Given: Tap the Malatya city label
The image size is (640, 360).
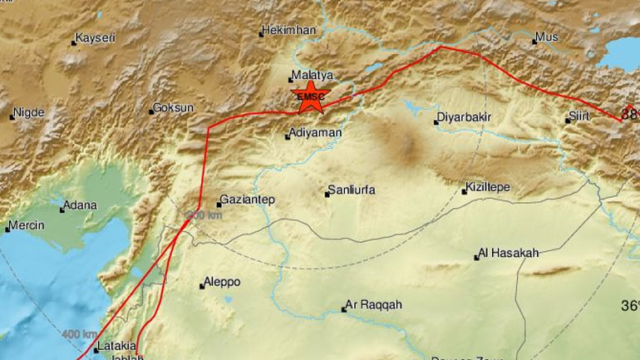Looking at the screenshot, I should click(311, 74).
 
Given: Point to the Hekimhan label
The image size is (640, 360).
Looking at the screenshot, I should click(288, 30).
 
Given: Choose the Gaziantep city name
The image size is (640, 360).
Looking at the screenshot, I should click(245, 201).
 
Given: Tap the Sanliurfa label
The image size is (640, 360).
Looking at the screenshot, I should click(352, 190).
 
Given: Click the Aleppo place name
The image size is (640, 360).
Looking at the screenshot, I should click(224, 283).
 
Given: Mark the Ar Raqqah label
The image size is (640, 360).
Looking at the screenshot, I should click(374, 305).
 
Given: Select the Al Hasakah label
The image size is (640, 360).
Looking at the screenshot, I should click(508, 253).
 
